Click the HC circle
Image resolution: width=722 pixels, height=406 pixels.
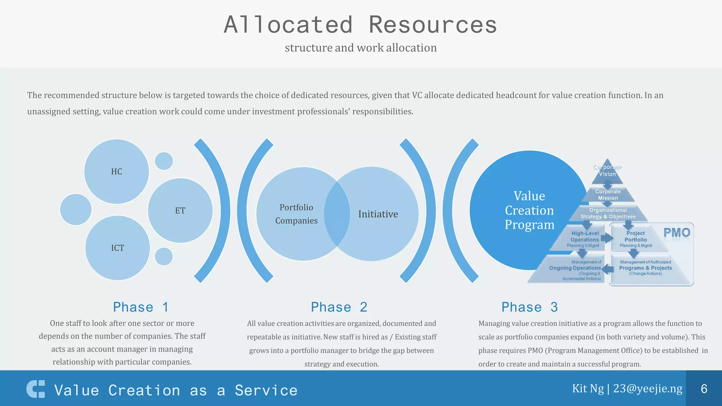point(116,172)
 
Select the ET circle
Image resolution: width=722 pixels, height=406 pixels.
point(180,210)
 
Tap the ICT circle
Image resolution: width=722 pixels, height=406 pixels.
point(117,248)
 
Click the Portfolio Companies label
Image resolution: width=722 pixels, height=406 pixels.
point(296,214)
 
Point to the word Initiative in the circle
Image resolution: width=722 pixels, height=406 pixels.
point(378,214)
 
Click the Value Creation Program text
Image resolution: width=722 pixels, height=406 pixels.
point(529,210)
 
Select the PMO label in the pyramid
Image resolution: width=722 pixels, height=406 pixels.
point(677,233)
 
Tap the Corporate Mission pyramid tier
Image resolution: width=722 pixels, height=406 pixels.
point(608,195)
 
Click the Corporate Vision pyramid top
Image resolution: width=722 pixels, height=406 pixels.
point(607,171)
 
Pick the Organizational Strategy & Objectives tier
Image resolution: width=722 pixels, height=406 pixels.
point(608,214)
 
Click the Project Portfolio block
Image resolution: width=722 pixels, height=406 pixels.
point(635,239)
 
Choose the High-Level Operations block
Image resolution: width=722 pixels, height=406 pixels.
point(584,239)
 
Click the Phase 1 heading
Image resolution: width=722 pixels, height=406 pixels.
point(141,307)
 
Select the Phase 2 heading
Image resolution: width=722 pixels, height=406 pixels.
point(339,307)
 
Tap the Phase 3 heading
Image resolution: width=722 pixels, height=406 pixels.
point(530,307)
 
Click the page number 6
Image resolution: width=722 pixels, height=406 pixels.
point(704,388)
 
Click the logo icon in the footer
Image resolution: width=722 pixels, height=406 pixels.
point(36,389)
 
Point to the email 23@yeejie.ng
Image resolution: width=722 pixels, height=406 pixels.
point(648,388)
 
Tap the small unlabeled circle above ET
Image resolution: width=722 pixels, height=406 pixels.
point(164,161)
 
